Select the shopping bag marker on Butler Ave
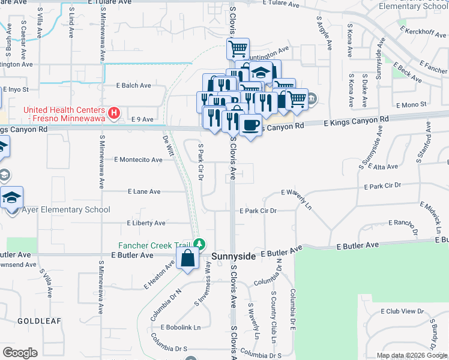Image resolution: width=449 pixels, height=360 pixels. coord(188,259)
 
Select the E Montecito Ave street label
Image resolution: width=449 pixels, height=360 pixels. coord(138,160)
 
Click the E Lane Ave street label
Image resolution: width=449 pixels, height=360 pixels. coord(144,191)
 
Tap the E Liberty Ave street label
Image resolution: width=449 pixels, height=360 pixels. coord(146,223)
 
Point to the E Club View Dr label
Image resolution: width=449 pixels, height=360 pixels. coord(402,311)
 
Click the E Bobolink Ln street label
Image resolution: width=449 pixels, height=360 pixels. coord(180,328)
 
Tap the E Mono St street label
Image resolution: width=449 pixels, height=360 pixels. coord(411,104)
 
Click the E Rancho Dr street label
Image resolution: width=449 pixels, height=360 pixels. coord(397,223)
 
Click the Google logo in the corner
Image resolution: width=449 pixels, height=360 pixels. coord(20,353)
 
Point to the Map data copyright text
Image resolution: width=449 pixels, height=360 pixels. coord(412,355)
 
